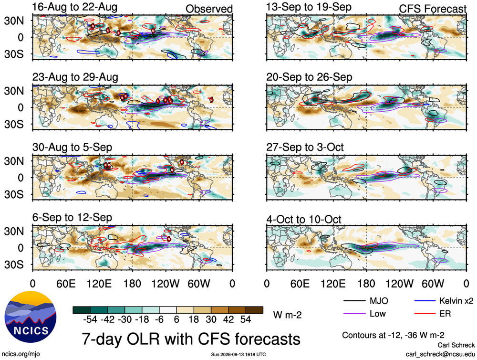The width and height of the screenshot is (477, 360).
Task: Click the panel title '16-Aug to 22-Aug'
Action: [74, 7]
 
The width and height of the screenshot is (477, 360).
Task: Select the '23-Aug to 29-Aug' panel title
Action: [75, 77]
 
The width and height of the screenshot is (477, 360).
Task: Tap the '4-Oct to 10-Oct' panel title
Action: [303, 219]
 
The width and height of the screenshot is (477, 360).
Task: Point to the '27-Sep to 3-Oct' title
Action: [305, 148]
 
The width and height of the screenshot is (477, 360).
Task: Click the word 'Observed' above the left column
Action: [209, 9]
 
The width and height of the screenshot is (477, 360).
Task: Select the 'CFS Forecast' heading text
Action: [433, 9]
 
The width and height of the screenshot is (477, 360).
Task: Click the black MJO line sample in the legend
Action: [354, 301]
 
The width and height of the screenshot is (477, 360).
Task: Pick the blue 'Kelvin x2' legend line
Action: [425, 301]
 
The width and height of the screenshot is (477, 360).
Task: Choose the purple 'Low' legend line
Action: [354, 313]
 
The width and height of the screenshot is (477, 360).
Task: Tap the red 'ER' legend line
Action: [425, 313]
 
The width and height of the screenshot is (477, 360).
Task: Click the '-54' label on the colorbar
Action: [90, 319]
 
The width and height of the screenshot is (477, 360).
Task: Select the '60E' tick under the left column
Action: [66, 284]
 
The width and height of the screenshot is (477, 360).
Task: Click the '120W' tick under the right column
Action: [400, 284]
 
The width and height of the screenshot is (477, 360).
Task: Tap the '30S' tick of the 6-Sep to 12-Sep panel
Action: [14, 265]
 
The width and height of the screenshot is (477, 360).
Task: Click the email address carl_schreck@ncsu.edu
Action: [440, 354]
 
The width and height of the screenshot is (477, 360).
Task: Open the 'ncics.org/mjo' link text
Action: [21, 354]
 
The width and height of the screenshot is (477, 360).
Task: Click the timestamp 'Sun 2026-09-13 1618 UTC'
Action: [238, 355]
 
